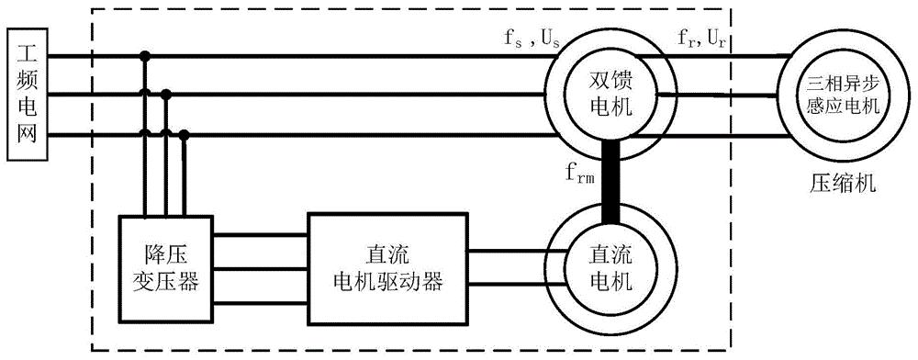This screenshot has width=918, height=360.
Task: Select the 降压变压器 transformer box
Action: coord(167,270)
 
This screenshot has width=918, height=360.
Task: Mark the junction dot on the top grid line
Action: coord(144,57)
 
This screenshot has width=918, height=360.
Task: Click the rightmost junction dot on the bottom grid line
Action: coord(185,135)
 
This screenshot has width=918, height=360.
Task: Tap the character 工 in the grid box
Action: coord(25,47)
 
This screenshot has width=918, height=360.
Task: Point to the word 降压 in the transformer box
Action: coord(167,257)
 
